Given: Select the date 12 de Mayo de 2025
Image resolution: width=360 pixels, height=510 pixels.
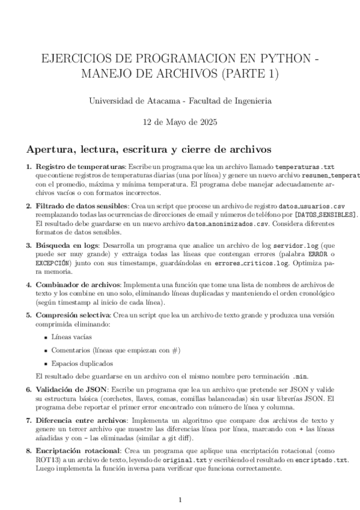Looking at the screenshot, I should pos(180,121).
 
